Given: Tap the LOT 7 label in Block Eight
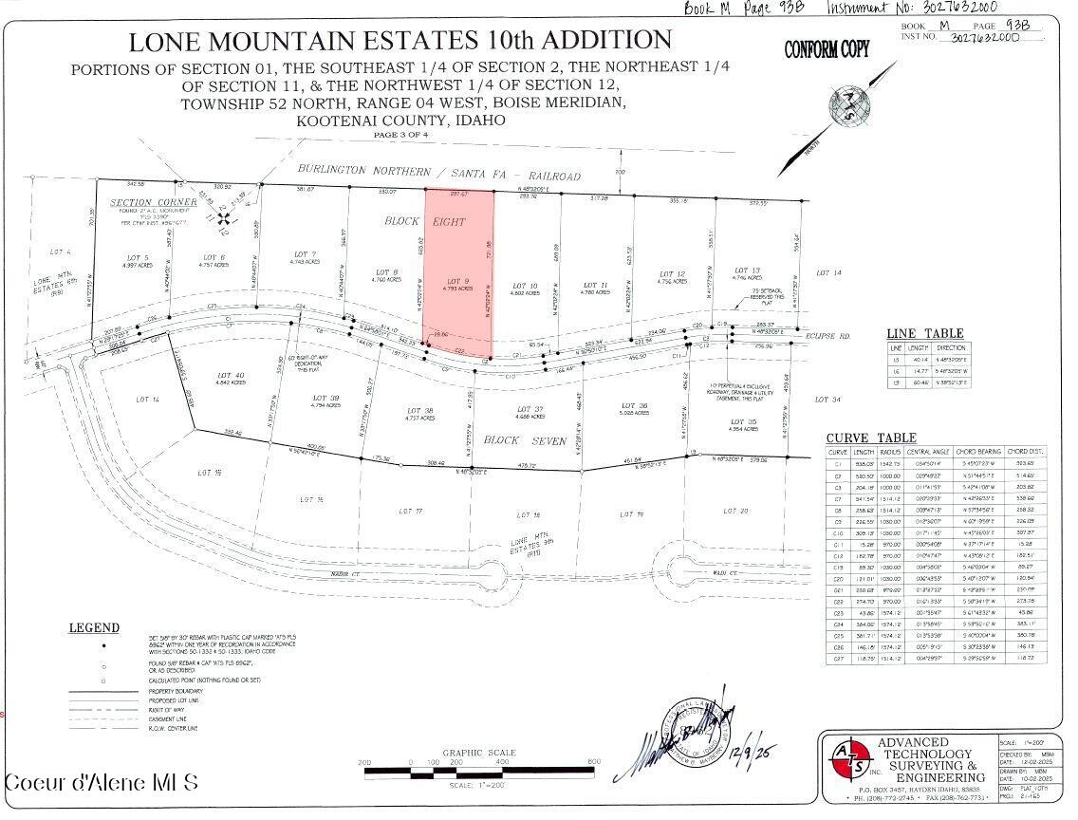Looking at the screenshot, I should [306, 254].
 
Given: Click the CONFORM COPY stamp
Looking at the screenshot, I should [826, 50].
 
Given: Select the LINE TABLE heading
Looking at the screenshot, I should [924, 333].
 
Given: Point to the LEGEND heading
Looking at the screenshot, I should [94, 627].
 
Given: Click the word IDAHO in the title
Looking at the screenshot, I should [478, 121].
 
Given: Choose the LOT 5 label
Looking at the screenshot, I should [139, 257].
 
